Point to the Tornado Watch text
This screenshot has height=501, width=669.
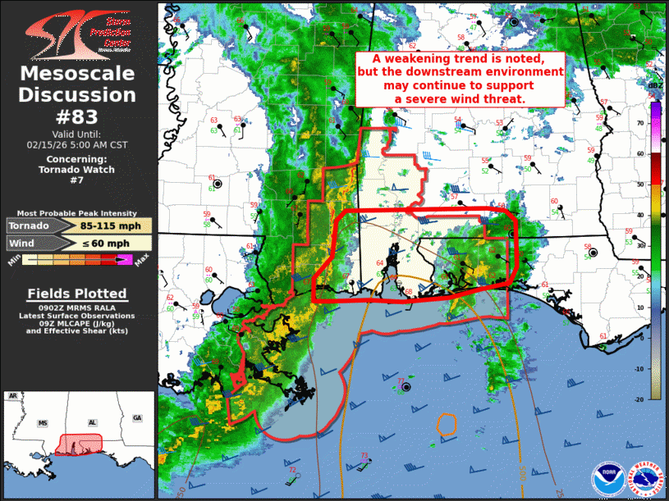pos(77,170)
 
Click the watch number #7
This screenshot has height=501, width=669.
pos(77,180)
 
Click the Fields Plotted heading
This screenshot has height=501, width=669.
pos(77,294)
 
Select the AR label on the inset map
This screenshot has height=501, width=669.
pos(13,397)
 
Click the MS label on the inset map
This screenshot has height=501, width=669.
pos(43,424)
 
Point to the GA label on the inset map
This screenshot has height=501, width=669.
pos(136,418)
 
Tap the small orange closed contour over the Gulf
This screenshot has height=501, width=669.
pos(447,424)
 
